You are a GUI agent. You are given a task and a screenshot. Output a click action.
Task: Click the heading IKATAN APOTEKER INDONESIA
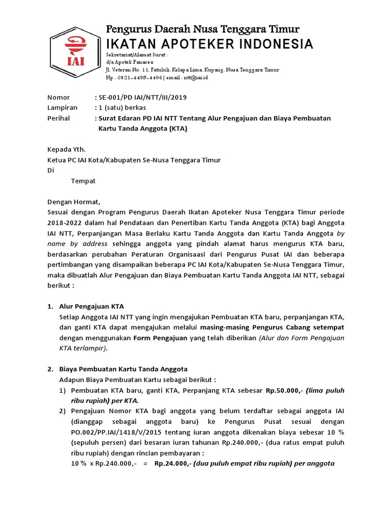(x=209, y=44)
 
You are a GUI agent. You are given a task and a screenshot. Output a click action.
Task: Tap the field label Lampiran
(x=62, y=108)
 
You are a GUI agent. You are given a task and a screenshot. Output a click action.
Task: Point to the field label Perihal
(x=59, y=118)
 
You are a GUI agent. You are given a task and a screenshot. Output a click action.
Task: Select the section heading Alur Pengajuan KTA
(x=91, y=306)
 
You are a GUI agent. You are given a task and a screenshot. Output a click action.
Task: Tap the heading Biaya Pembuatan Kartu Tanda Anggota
(x=123, y=369)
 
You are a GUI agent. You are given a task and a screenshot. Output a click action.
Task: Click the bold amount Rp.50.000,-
(x=285, y=390)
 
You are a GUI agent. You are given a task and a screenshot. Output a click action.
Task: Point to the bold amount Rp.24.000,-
(x=173, y=463)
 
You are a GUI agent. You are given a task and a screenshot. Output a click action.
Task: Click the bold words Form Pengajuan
(x=160, y=338)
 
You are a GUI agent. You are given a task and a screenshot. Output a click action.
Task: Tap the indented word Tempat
(x=83, y=181)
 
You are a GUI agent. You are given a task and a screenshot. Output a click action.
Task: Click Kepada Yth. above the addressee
(x=66, y=150)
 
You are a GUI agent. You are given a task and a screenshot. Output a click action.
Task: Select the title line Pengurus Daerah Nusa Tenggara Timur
(x=202, y=29)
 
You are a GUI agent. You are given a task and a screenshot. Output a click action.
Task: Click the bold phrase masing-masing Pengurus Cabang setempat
(x=272, y=327)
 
